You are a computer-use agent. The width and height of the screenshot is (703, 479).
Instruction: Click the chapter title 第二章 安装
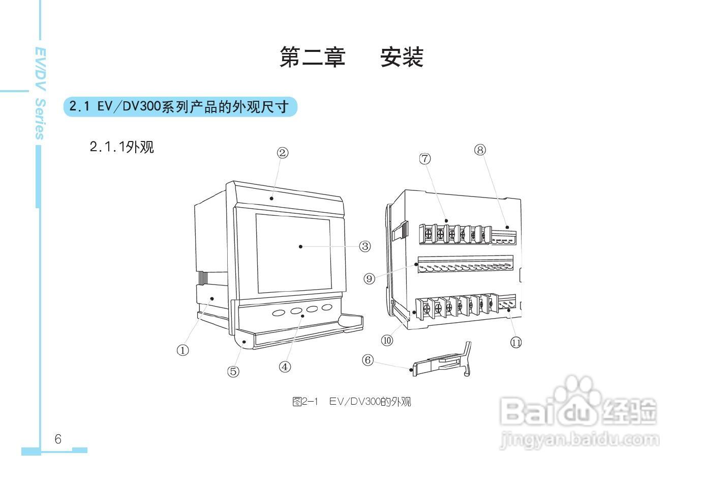pos(351,57)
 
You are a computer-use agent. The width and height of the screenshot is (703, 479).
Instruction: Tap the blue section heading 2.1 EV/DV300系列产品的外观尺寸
pos(179,107)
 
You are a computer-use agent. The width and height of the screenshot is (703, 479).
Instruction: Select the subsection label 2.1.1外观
pos(121,147)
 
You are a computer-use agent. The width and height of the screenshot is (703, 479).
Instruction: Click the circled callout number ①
pos(182,350)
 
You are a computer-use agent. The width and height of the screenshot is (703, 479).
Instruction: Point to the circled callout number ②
pos(283,153)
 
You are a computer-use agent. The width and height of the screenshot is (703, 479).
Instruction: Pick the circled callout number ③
pos(365,246)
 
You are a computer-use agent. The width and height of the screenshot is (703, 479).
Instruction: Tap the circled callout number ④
pos(285,367)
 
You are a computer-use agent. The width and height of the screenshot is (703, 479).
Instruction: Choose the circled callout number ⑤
pos(233,372)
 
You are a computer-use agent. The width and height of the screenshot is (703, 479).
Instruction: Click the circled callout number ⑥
pos(368,360)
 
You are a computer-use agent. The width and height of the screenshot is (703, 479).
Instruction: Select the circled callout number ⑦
pos(425,159)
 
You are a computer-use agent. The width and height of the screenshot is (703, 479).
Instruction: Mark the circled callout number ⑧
pos(480,150)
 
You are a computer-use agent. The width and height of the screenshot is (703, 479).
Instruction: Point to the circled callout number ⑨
pos(370,278)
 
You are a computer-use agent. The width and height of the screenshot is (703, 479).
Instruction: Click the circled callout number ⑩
pos(387,341)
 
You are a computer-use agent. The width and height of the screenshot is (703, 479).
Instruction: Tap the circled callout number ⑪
pos(516,343)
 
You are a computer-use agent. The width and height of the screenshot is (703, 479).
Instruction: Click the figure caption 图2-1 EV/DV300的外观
pos(351,402)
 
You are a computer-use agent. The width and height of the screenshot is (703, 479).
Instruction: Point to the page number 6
pos(58,439)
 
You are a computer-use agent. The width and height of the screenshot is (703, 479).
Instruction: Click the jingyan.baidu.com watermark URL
pos(579,439)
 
